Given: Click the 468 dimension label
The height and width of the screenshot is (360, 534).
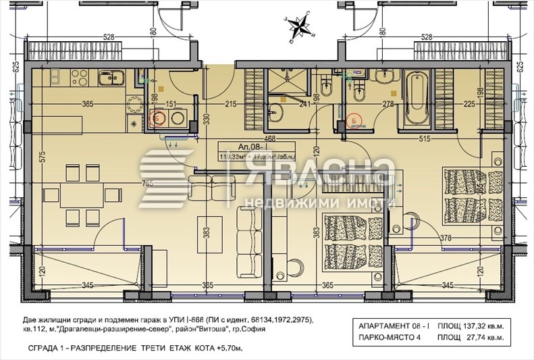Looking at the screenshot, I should (270, 138).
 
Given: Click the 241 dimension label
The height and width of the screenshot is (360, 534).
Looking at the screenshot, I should (304, 104).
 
